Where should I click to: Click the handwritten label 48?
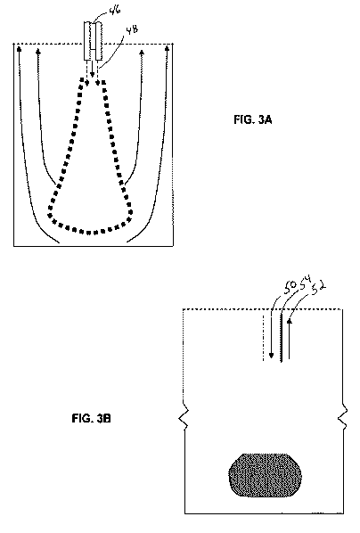coord(132,30)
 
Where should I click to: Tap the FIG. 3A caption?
coord(252,119)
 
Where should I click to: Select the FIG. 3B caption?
coord(91,418)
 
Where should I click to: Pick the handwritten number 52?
coord(319,288)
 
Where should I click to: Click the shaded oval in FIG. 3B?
coord(266,475)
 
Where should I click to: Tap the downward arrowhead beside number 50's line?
coord(271,356)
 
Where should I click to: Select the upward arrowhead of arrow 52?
coord(290,321)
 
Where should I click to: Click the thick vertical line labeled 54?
coord(281,338)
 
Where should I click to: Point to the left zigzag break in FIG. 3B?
coord(184,417)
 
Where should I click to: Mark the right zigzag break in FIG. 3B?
coord(343,417)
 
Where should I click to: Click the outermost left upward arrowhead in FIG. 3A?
coord(19,49)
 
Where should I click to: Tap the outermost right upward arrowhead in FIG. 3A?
coord(167,49)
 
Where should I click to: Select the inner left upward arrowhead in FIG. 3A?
coord(38,52)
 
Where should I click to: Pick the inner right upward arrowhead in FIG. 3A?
coord(142,52)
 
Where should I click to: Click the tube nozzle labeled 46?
coord(93,41)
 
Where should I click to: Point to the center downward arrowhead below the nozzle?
coord(93,75)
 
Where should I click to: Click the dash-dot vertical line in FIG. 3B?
coord(264,337)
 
